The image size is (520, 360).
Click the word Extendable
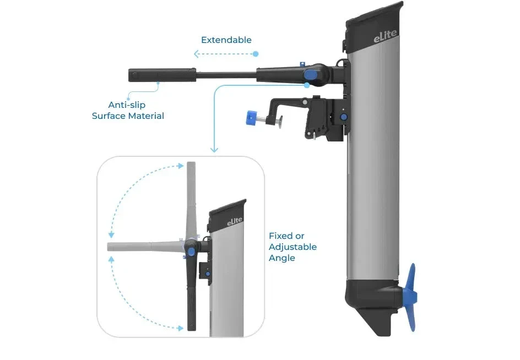226,40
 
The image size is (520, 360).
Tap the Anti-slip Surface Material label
128,110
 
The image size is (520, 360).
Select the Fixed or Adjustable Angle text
292,247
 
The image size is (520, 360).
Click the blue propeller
410,297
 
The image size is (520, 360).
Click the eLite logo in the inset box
235,221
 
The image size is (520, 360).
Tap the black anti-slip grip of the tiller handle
161,75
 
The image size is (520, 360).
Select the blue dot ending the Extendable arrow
256,54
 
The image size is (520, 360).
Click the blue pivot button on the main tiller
311,75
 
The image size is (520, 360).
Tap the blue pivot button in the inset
191,252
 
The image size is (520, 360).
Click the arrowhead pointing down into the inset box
214,149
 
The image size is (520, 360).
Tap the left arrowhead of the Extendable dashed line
196,54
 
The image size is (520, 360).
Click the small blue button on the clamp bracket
344,117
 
